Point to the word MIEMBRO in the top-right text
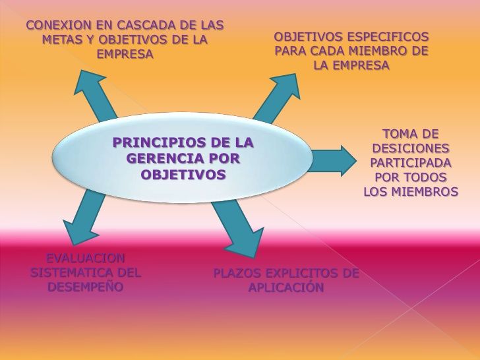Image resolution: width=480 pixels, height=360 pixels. (x=380, y=51)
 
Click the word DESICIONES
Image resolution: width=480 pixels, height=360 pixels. (x=410, y=148)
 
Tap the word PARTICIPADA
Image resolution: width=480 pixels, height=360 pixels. (x=410, y=163)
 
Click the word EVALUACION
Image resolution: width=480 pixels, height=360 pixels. (x=85, y=258)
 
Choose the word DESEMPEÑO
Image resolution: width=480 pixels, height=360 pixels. (x=85, y=287)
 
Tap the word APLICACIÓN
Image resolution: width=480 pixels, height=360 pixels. (x=285, y=288)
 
